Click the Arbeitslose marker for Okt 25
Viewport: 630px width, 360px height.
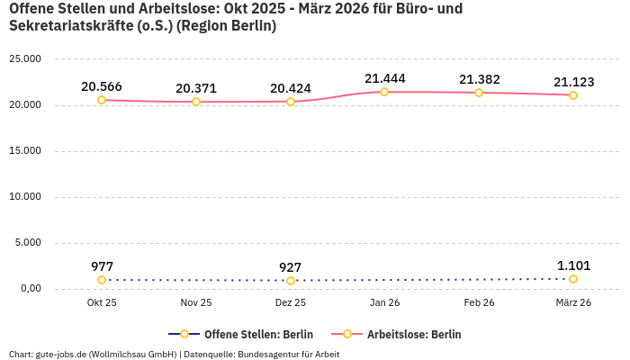(x=102, y=100)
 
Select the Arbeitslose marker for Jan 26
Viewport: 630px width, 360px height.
(x=384, y=92)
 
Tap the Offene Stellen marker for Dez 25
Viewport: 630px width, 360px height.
(x=291, y=281)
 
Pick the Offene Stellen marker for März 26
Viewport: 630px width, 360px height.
(x=573, y=279)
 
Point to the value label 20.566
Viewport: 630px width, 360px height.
(x=102, y=86)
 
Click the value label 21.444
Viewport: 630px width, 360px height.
(x=385, y=78)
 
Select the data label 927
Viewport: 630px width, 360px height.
(x=291, y=267)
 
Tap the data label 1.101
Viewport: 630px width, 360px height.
(x=573, y=265)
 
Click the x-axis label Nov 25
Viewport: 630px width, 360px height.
(x=196, y=303)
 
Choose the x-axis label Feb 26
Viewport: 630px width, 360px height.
(x=479, y=303)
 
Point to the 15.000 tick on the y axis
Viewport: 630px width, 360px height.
(x=25, y=151)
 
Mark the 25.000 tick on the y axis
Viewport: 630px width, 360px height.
(x=25, y=59)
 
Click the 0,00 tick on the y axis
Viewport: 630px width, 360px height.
(x=30, y=289)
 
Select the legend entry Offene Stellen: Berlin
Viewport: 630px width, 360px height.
(x=242, y=334)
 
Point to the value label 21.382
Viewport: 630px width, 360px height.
(x=479, y=79)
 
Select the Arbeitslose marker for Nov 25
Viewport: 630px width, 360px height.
(x=196, y=102)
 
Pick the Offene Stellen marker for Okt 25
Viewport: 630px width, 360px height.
(x=102, y=280)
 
